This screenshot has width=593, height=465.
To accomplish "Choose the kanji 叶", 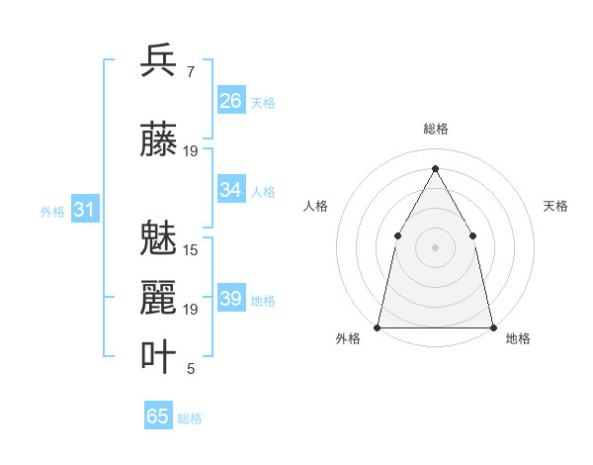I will [x=158, y=356].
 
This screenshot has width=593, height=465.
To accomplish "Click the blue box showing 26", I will [x=231, y=101].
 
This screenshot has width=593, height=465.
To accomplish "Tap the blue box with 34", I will [x=231, y=190].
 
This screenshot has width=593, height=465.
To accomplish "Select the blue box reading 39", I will [x=231, y=299].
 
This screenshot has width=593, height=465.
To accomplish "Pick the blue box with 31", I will [x=84, y=210].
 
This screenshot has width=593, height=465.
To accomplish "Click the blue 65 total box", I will [x=158, y=417].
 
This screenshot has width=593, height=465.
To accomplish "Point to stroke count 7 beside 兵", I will [x=190, y=71].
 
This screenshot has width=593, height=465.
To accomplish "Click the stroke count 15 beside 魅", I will [x=191, y=250].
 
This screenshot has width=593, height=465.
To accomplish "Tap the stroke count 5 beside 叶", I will [x=190, y=369].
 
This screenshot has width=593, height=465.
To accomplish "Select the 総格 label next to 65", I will [x=190, y=418].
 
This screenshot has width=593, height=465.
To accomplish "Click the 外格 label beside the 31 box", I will [x=52, y=212].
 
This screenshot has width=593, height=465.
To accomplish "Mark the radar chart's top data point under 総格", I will [x=435, y=168].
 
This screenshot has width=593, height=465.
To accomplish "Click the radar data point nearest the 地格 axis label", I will [x=492, y=326].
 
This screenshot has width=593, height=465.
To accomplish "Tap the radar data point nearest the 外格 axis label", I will [x=378, y=326].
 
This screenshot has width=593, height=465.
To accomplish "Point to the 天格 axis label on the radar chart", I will [x=555, y=206].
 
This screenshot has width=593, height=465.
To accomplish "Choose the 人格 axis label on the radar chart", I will [x=315, y=206].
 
